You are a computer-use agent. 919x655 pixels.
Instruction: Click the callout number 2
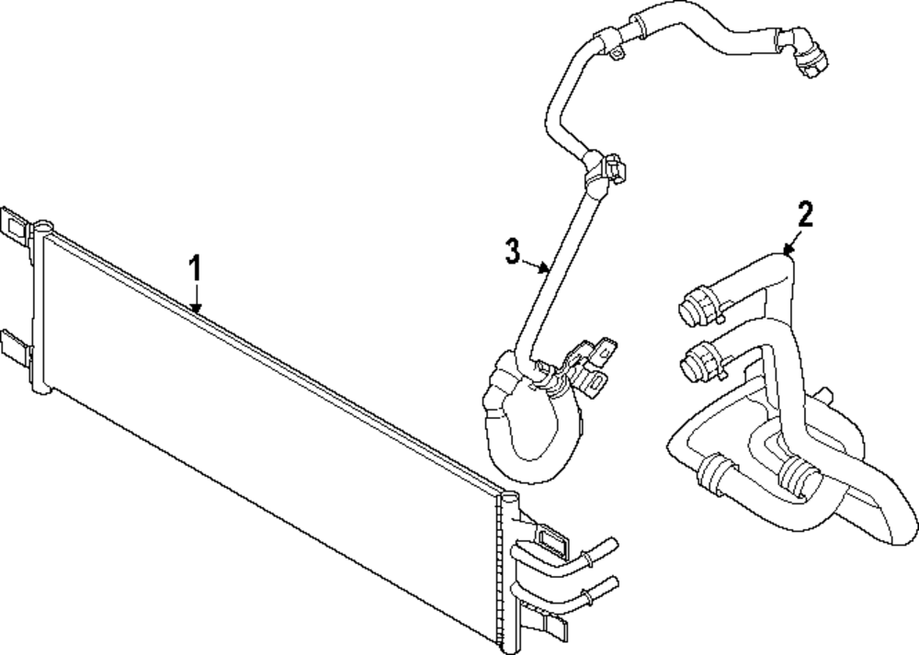pos(805,215)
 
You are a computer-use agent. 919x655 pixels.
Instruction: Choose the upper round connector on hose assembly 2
pos(697,305)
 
